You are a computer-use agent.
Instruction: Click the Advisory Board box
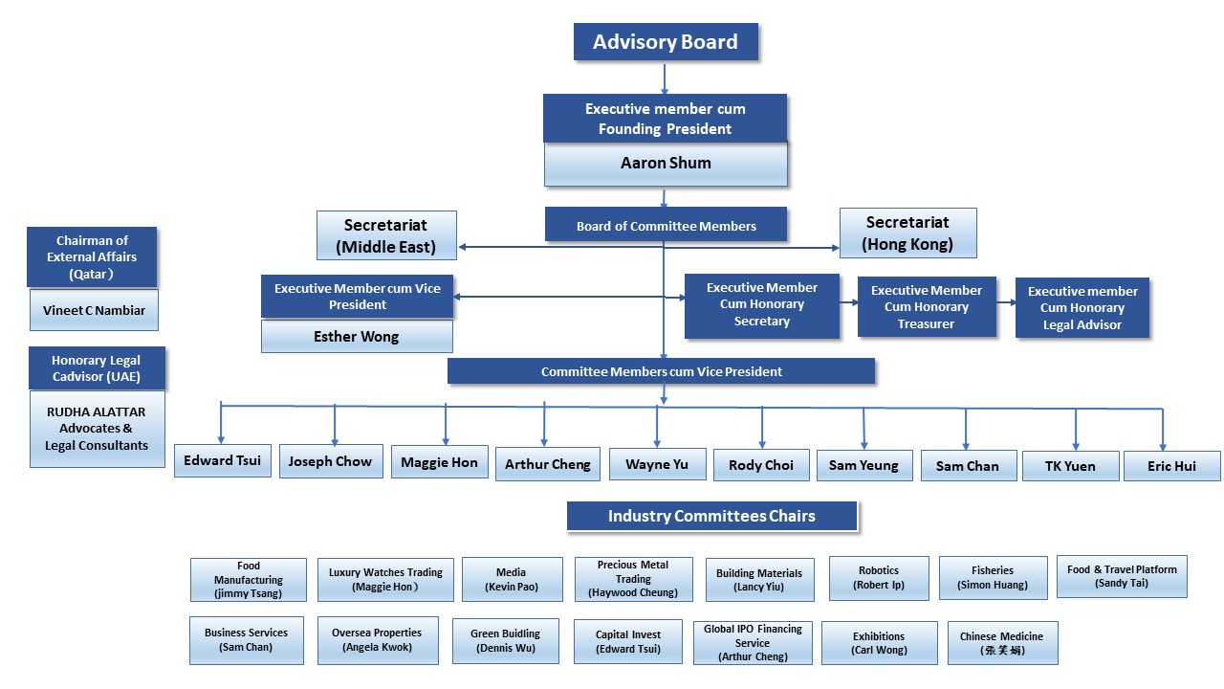(x=666, y=42)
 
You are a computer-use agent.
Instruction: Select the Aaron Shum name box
(x=666, y=164)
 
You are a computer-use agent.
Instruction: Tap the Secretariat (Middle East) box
(x=386, y=235)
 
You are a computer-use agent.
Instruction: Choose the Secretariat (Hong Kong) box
(x=907, y=233)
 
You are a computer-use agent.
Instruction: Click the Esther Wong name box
(x=357, y=337)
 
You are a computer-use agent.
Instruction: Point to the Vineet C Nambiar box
(x=94, y=311)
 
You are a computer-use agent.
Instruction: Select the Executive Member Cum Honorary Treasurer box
(x=926, y=307)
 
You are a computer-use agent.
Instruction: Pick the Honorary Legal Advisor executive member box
(x=1082, y=308)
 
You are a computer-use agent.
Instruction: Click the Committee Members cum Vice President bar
(x=661, y=371)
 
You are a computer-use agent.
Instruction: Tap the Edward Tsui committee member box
(x=223, y=460)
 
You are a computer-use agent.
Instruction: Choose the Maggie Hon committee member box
(x=439, y=462)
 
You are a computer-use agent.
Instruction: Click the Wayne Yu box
(x=657, y=465)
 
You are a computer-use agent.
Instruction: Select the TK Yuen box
(x=1070, y=466)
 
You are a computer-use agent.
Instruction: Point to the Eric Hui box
(x=1171, y=466)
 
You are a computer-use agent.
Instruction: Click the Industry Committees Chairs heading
(x=711, y=517)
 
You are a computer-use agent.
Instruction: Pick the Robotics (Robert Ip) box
(x=878, y=578)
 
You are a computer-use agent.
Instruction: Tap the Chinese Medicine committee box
(x=1001, y=643)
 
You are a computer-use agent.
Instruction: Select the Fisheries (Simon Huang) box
(x=993, y=578)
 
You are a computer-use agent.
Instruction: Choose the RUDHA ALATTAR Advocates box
(x=97, y=430)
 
